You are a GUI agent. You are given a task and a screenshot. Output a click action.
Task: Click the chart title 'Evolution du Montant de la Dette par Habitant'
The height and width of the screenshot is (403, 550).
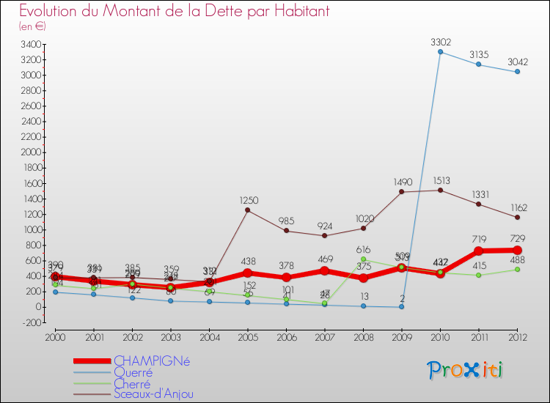174,11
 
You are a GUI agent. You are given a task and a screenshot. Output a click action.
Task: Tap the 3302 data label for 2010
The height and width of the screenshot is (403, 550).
441,42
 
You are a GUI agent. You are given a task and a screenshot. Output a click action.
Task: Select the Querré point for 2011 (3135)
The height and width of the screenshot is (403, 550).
479,64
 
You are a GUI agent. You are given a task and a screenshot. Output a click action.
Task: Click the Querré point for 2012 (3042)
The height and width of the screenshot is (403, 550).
518,72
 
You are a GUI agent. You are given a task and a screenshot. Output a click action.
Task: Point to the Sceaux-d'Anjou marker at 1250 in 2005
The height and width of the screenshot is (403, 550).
247,210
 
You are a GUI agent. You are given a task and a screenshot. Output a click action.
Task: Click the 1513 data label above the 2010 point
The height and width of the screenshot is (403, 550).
441,180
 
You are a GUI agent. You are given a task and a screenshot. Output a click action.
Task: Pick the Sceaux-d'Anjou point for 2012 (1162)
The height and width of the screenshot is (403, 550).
518,217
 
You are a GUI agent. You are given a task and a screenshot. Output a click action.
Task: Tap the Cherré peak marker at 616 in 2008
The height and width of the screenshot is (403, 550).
363,259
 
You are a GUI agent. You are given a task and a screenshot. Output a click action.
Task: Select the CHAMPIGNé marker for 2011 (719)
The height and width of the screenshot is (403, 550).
479,251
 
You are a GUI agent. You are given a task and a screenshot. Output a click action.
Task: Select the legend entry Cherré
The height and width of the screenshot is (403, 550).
132,383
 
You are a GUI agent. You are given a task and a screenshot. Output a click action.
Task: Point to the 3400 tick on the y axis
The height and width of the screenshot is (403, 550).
31,44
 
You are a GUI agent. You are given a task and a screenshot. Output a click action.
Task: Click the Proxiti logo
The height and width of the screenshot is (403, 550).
466,370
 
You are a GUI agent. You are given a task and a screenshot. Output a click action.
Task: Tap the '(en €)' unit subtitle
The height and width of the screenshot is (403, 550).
32,26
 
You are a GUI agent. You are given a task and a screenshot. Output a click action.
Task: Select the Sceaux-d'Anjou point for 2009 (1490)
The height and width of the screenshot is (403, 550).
402,192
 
